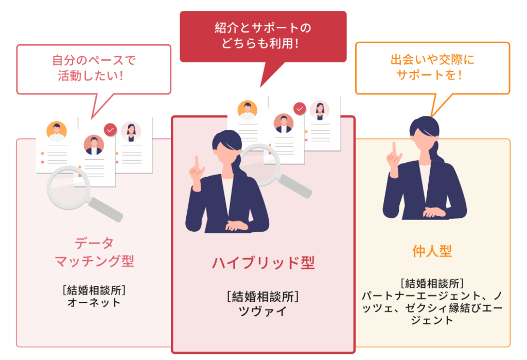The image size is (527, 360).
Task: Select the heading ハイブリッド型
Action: pyautogui.click(x=263, y=263)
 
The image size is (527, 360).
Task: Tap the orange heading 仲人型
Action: pyautogui.click(x=432, y=251)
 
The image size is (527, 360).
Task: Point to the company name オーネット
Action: pyautogui.click(x=94, y=302)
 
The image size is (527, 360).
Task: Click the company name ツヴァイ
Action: pyautogui.click(x=263, y=312)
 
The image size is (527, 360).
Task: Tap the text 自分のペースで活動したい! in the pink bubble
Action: pyautogui.click(x=94, y=68)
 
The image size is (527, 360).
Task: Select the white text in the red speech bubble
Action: pyautogui.click(x=263, y=35)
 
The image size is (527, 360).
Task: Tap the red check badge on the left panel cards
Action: pyautogui.click(x=110, y=130)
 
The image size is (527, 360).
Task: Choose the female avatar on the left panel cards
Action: pyautogui.click(x=131, y=132)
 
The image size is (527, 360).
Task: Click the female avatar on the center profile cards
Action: pyautogui.click(x=320, y=110)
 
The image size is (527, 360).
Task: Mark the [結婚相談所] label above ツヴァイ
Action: pyautogui.click(x=263, y=297)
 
